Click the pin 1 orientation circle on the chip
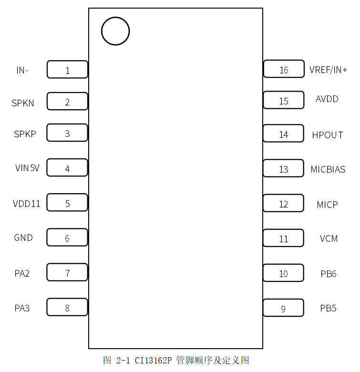(x=115, y=31)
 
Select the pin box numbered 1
(x=67, y=70)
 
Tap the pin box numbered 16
(x=284, y=69)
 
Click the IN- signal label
(x=22, y=71)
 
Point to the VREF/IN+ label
(x=328, y=70)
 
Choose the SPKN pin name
(x=23, y=103)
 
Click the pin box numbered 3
(x=67, y=133)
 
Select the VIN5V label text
(x=27, y=168)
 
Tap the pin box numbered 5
(x=67, y=203)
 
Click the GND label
(x=23, y=238)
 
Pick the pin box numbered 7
(x=67, y=272)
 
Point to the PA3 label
(x=22, y=308)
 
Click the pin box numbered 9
(x=283, y=308)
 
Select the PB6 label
(x=329, y=274)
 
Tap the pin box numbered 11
(x=284, y=238)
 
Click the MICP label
(x=328, y=205)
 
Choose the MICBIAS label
(x=328, y=169)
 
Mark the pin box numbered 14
(x=284, y=134)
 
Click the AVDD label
(x=327, y=99)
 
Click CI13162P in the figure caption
(x=153, y=360)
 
